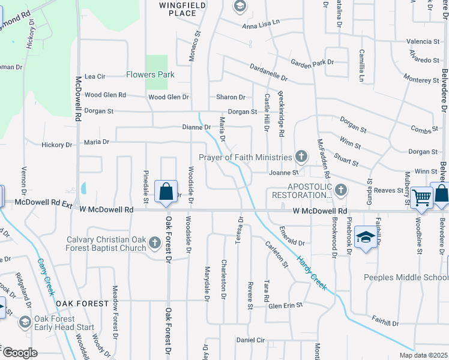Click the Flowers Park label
150,75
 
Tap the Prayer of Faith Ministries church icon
301,157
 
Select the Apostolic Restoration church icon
341,191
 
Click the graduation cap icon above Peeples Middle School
365,237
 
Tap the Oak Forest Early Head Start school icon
25,322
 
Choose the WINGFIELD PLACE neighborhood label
178,9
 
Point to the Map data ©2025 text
424,355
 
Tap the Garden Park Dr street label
312,62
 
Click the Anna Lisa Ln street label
261,23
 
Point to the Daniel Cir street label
250,340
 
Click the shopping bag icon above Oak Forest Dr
166,192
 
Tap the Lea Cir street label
95,76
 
